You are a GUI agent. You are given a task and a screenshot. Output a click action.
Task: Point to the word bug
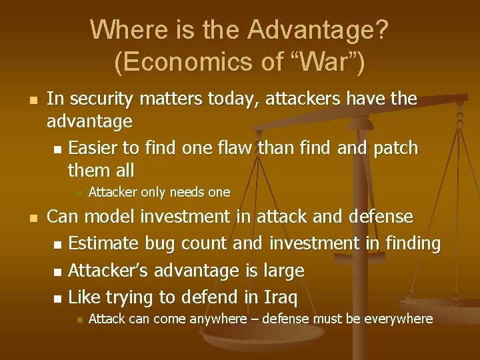[x=161, y=244]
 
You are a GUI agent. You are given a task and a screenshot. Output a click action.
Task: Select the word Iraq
[x=279, y=297]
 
